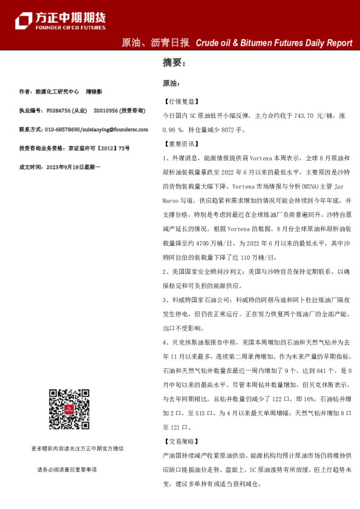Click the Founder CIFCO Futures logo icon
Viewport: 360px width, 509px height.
click(24, 20)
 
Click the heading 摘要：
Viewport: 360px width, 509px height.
click(174, 62)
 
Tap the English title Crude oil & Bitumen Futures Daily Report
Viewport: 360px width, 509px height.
click(273, 43)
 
